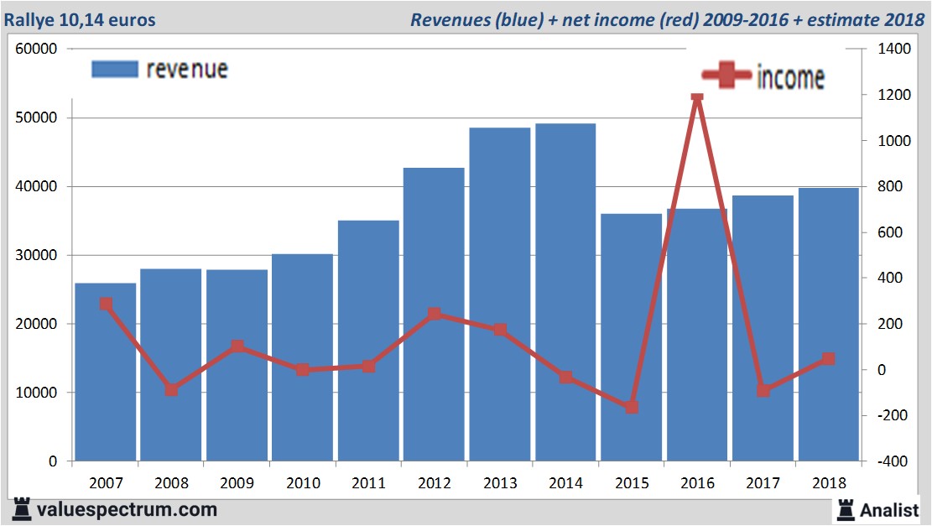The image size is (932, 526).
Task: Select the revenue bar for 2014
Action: click(565, 294)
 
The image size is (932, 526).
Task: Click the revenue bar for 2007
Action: click(106, 373)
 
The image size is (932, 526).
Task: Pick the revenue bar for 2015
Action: click(631, 336)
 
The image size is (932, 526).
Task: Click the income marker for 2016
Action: click(697, 96)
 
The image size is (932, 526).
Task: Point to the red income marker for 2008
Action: click(171, 389)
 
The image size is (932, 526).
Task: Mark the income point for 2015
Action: click(632, 407)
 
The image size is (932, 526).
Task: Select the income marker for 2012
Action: click(435, 315)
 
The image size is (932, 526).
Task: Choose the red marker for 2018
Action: click(828, 359)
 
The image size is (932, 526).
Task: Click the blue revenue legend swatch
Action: click(114, 69)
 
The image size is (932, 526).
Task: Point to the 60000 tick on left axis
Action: click(36, 49)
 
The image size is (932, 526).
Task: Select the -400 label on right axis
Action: click(893, 461)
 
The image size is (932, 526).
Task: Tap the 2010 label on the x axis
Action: click(303, 483)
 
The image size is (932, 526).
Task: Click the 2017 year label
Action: click(763, 483)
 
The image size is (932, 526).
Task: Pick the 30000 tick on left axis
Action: click(36, 255)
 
